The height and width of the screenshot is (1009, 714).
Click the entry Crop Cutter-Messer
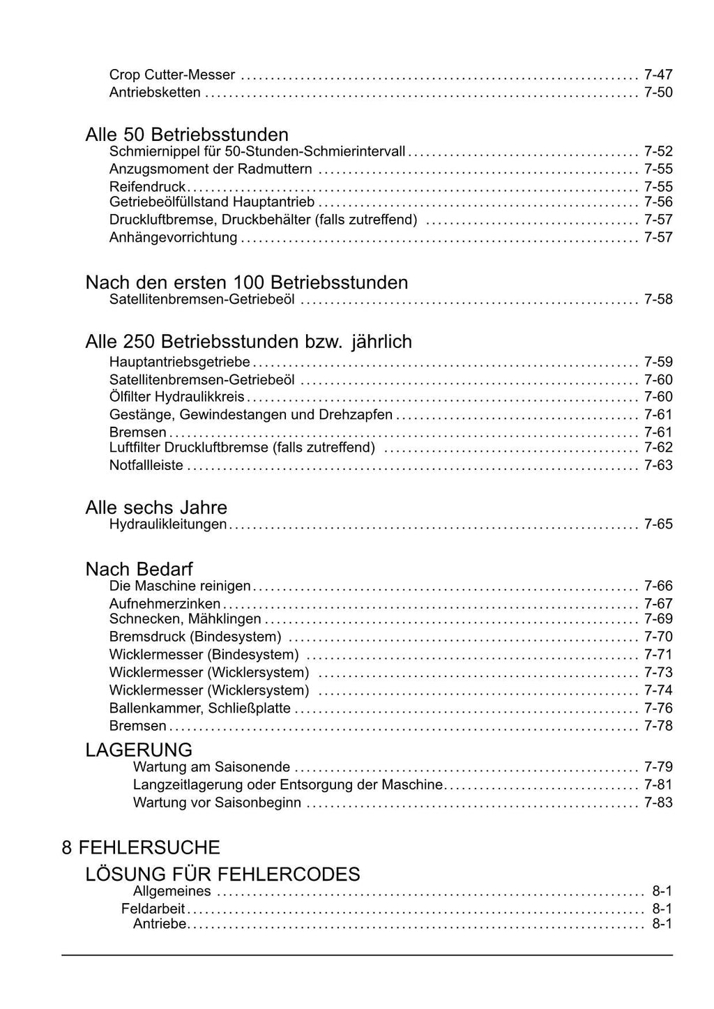click(172, 75)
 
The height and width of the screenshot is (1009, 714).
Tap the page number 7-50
click(658, 92)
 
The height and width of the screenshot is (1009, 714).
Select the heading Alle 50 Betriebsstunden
click(187, 134)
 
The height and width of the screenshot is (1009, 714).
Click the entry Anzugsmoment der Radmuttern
click(211, 169)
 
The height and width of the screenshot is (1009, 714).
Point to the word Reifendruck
click(147, 186)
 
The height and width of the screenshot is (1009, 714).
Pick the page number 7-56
click(658, 202)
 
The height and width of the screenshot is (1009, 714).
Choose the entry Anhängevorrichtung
click(173, 237)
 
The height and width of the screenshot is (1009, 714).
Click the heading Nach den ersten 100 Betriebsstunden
click(247, 282)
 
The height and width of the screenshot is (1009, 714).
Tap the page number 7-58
click(658, 300)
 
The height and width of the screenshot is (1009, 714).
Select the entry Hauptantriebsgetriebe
click(180, 362)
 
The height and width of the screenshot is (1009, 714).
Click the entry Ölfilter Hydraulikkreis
click(177, 397)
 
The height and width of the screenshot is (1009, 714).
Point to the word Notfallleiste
click(146, 465)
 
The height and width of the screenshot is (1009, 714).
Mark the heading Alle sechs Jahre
click(156, 507)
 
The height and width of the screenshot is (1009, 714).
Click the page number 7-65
click(658, 524)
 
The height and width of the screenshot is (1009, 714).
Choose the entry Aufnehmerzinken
click(165, 603)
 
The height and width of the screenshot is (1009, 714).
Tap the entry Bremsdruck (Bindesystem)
click(195, 637)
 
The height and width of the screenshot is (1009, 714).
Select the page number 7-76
click(658, 708)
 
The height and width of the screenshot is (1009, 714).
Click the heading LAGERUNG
click(139, 750)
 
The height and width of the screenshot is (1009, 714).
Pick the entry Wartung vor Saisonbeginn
click(217, 803)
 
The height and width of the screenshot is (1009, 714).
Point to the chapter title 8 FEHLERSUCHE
click(141, 847)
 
